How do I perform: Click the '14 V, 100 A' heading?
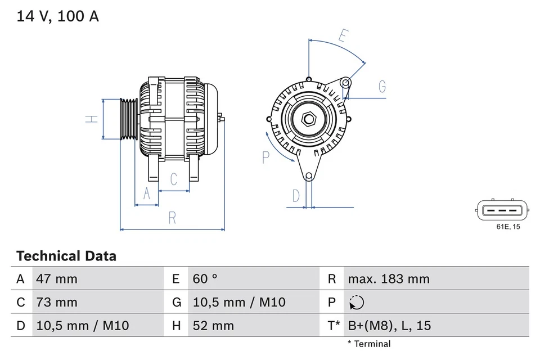pos(57,17)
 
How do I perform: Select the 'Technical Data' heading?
pos(66,256)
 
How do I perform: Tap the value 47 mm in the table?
pos(57,279)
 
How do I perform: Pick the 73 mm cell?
pos(57,302)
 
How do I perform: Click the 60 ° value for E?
pos(205,279)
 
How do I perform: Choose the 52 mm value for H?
pos(213,326)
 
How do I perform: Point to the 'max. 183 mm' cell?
pos(388,279)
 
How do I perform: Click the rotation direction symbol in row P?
pos(356,303)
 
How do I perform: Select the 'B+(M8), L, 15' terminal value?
pos(390,326)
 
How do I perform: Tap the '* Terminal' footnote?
pos(368,344)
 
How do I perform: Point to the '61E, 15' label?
pos(508,227)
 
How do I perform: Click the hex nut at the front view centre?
pos(308,119)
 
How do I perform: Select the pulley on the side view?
pos(129,119)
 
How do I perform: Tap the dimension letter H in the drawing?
pos(91,119)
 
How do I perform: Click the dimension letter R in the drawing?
pos(172,218)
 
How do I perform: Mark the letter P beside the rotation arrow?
pos(266,157)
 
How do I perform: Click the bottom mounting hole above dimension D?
pos(308,176)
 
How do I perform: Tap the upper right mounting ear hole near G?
pos(346,84)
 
